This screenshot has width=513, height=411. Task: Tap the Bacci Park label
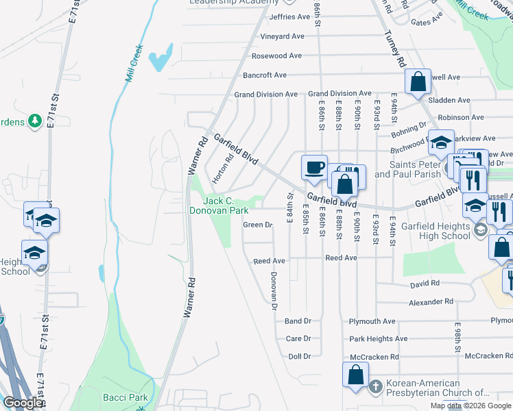coord(130,397)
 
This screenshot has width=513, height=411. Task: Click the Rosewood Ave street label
coord(276,55)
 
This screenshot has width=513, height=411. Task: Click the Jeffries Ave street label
coord(290,16)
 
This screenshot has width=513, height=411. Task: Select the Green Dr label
coord(259,225)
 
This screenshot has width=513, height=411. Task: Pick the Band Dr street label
coord(298,321)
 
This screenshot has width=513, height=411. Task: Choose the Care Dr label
coord(298,338)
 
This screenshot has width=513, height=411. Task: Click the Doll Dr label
coord(300,356)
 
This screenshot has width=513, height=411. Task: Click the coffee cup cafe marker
coord(315,167)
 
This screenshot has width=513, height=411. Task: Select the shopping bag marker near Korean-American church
coord(355,375)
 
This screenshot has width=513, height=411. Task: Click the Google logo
coord(23,403)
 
